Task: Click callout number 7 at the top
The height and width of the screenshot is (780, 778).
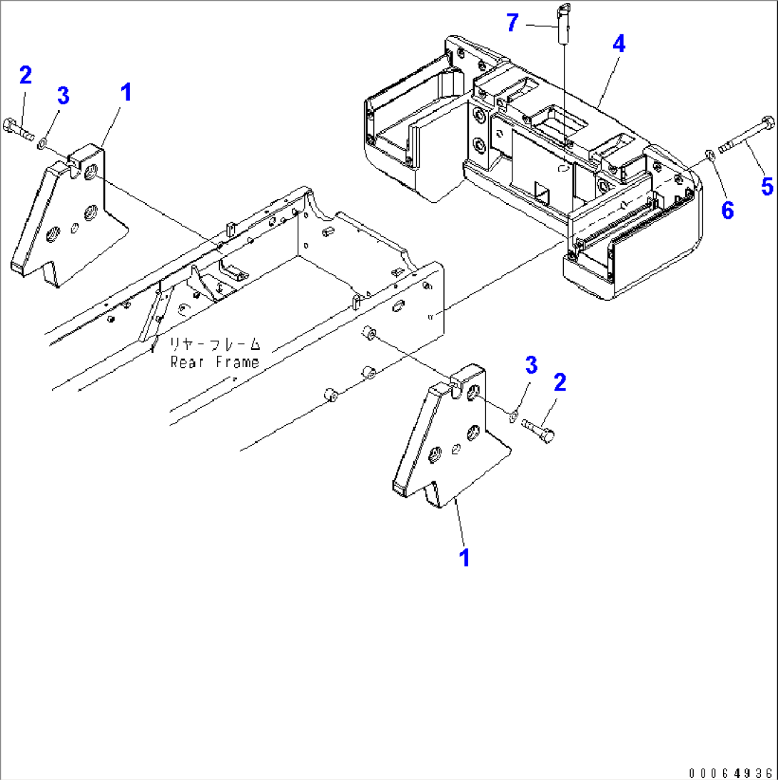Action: coord(512,22)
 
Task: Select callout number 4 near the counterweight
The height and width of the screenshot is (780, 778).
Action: coord(618,44)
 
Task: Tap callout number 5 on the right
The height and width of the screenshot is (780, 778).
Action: coord(766,186)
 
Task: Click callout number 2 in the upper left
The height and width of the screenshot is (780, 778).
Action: coord(26,74)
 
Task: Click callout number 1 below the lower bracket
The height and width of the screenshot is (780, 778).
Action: coord(465,557)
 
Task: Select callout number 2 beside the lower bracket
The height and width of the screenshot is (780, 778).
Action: coord(560,382)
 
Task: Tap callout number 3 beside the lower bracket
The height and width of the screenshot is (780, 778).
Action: coord(530,366)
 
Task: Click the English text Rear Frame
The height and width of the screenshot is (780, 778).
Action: coord(214,362)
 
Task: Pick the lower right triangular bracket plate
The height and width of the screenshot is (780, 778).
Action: coord(450,443)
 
